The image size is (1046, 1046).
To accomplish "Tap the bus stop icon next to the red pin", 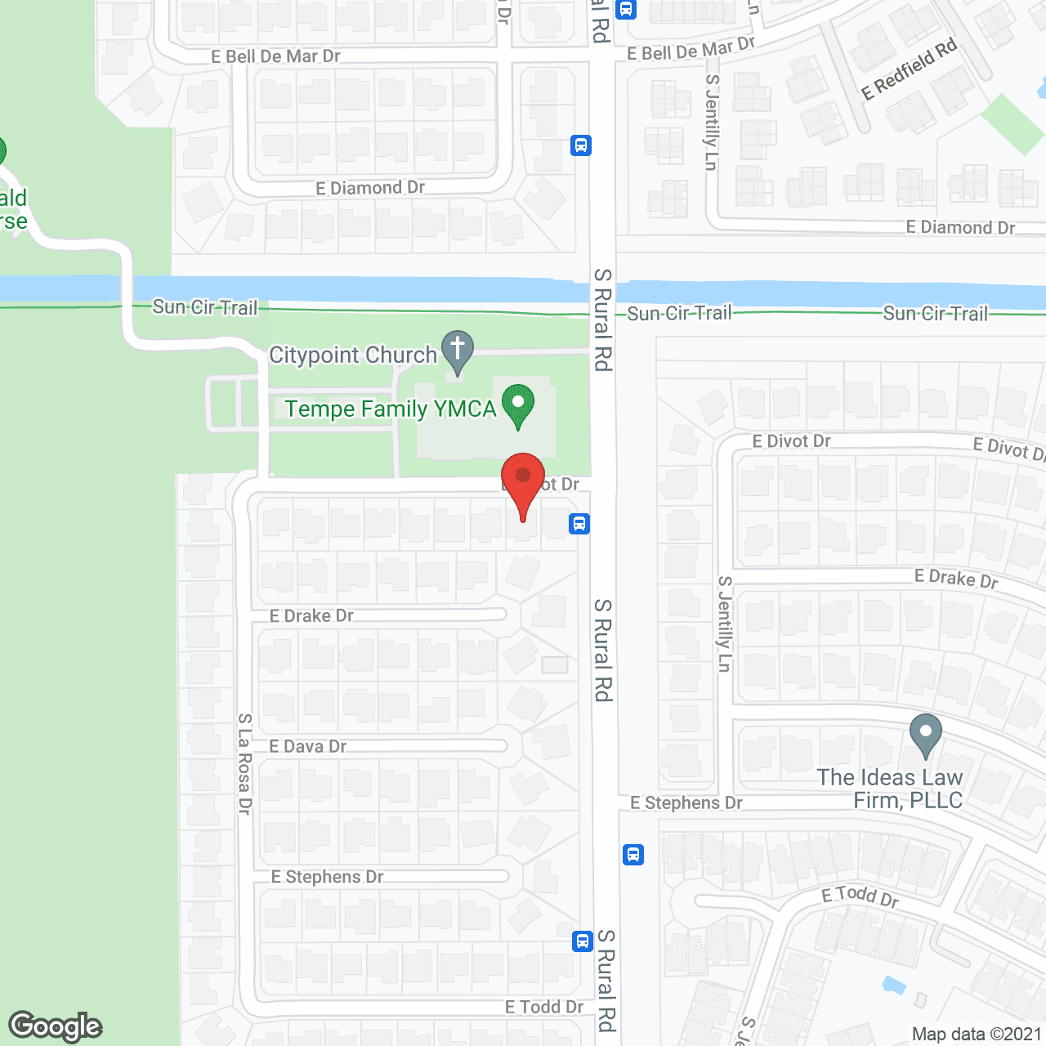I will click(x=579, y=524).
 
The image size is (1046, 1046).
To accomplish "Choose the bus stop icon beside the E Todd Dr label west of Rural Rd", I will click(x=582, y=941).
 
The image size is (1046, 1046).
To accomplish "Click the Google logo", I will click(x=56, y=1026).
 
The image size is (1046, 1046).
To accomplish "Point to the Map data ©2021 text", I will click(x=977, y=1034).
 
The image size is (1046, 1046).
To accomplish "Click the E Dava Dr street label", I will click(x=308, y=746).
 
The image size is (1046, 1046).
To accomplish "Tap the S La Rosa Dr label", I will click(x=244, y=763).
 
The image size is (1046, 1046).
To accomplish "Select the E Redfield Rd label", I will click(x=910, y=69).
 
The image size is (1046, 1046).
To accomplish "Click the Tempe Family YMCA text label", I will click(x=390, y=409).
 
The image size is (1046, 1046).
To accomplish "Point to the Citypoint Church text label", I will click(x=353, y=355).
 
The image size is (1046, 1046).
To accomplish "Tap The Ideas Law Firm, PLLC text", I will click(x=890, y=789).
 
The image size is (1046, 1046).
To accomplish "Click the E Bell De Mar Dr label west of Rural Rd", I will click(x=275, y=56).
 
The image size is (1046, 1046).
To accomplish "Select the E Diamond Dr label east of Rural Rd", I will click(x=960, y=227).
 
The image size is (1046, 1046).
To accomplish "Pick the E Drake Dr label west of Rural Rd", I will click(x=311, y=616).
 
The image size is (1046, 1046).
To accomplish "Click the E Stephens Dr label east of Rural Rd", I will click(x=686, y=803).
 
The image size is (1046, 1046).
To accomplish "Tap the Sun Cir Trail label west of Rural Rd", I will click(x=205, y=307).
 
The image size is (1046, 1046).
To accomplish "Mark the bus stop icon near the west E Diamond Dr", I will click(x=580, y=145).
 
